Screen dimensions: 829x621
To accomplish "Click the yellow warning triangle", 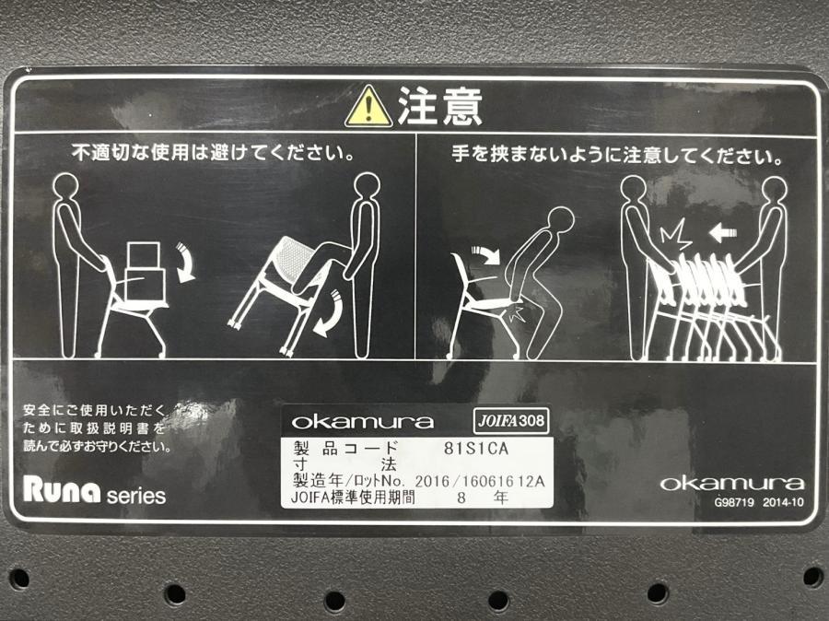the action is coord(368,108).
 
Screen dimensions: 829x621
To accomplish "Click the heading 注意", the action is coord(440,106).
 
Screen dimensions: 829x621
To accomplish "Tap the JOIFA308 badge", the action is coord(510,421).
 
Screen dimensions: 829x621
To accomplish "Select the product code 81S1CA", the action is coord(476,449).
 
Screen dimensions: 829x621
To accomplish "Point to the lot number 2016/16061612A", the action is coord(480,481).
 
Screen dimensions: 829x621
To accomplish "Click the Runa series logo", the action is coord(94,490).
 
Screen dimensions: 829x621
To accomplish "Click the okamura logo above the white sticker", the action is coord(362,422).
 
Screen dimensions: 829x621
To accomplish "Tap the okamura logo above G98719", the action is coord(732,483).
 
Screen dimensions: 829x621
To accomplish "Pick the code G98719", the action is coord(734,502).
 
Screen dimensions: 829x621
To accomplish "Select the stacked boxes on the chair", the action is coord(145,272).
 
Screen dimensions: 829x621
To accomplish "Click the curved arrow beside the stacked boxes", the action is coord(185,262).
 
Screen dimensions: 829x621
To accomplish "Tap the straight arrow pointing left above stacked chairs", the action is coord(723,231).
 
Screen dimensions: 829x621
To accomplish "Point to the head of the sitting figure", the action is coord(560,219).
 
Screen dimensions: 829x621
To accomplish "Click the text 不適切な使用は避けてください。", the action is coord(213,153).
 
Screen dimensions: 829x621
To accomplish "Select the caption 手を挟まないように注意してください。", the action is coord(616,156).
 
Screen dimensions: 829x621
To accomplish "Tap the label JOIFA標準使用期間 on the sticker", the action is coord(353,498).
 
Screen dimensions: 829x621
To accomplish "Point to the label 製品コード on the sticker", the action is coord(344,449).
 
